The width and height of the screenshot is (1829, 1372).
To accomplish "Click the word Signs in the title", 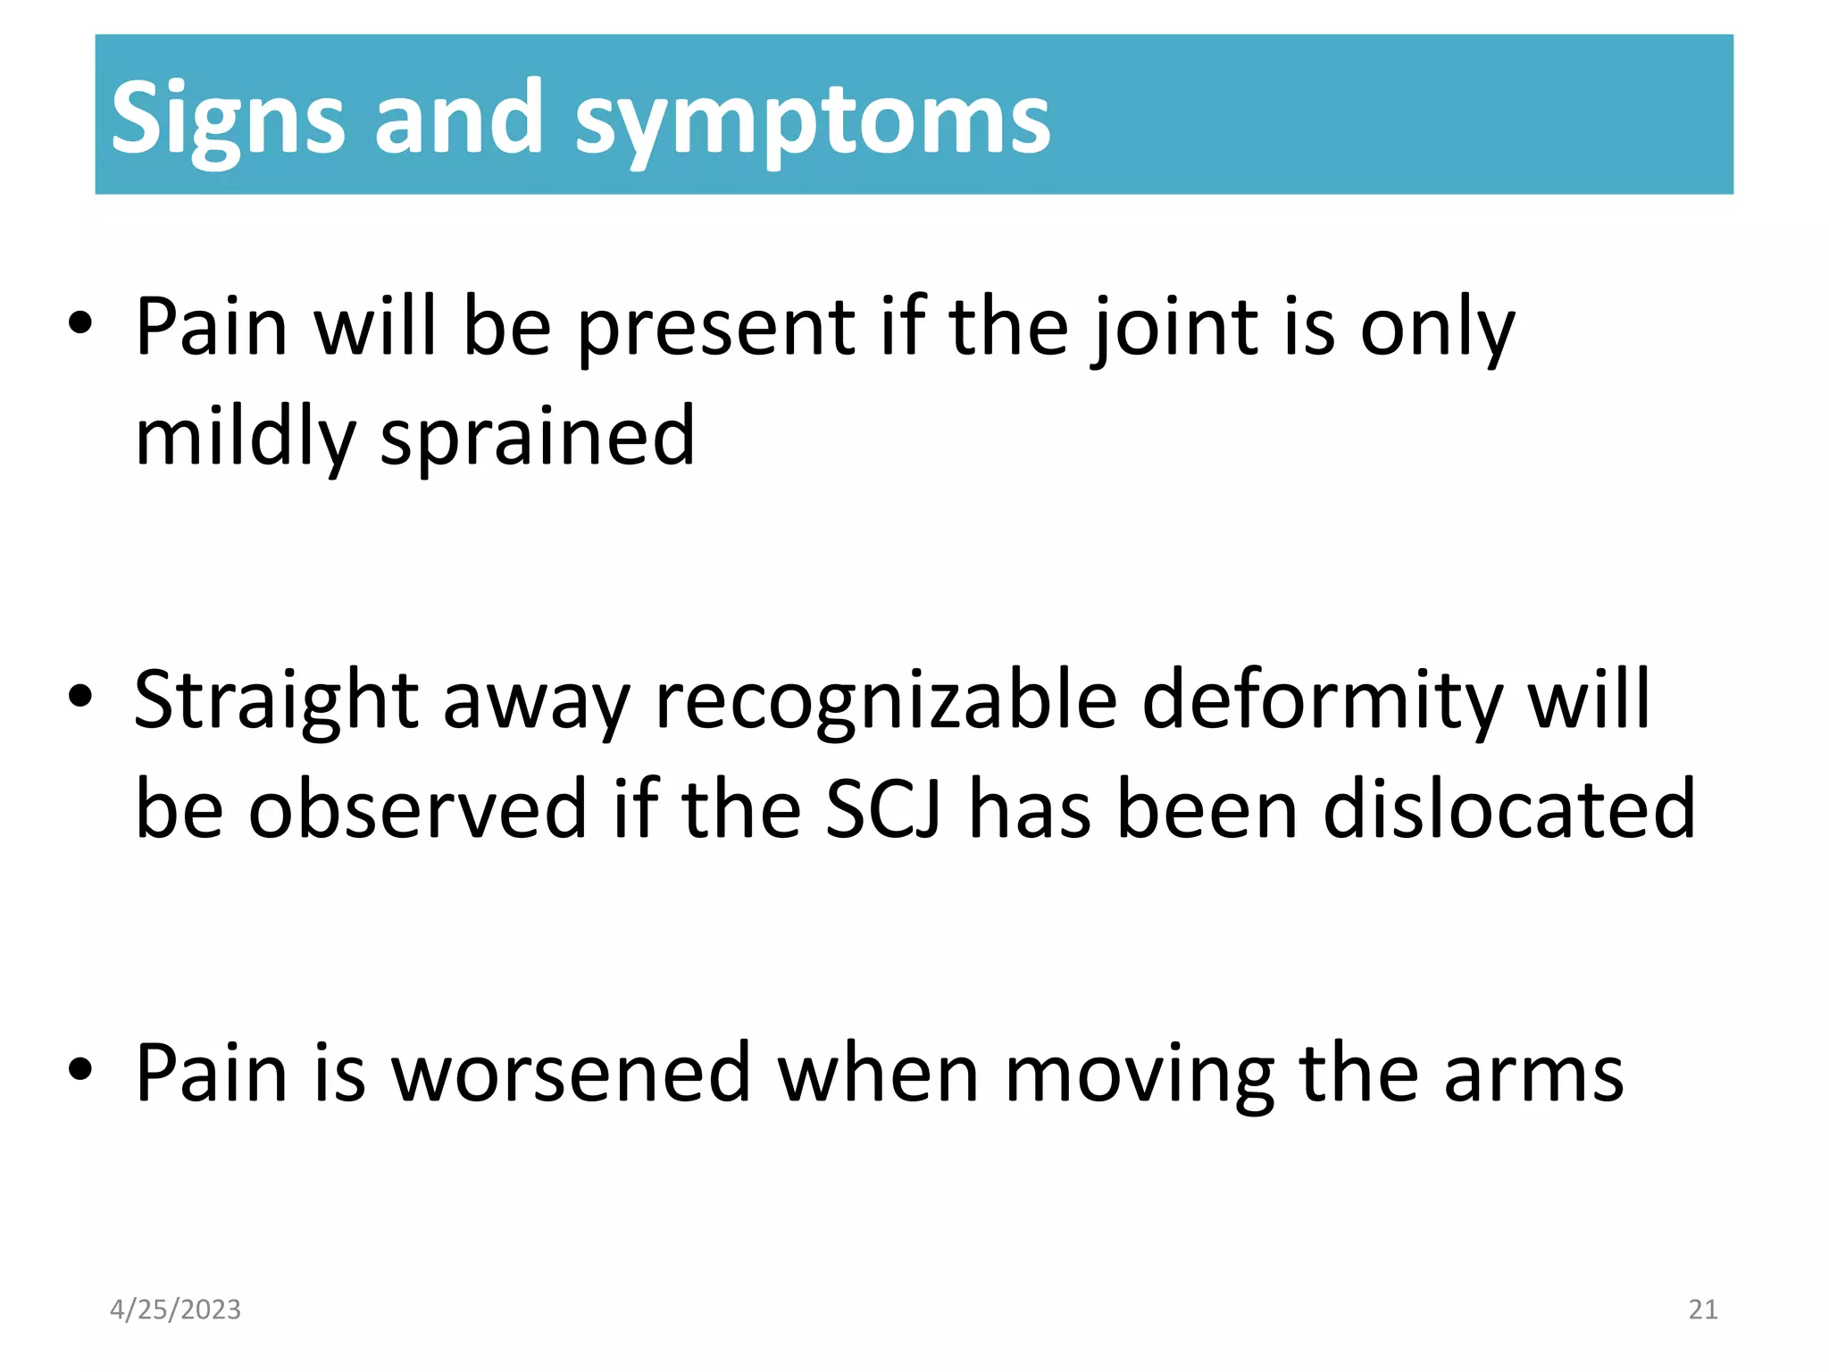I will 227,119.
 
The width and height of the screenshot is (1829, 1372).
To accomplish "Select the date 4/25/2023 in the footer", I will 175,1309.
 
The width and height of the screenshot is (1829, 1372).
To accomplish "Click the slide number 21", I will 1703,1309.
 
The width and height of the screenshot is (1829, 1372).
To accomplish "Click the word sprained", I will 537,437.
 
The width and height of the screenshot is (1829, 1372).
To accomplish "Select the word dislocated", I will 1508,809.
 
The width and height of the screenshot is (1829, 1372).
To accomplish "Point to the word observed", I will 416,809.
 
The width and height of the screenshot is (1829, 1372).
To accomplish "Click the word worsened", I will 571,1073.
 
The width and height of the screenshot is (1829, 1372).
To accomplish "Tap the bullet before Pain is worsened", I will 80,1071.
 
